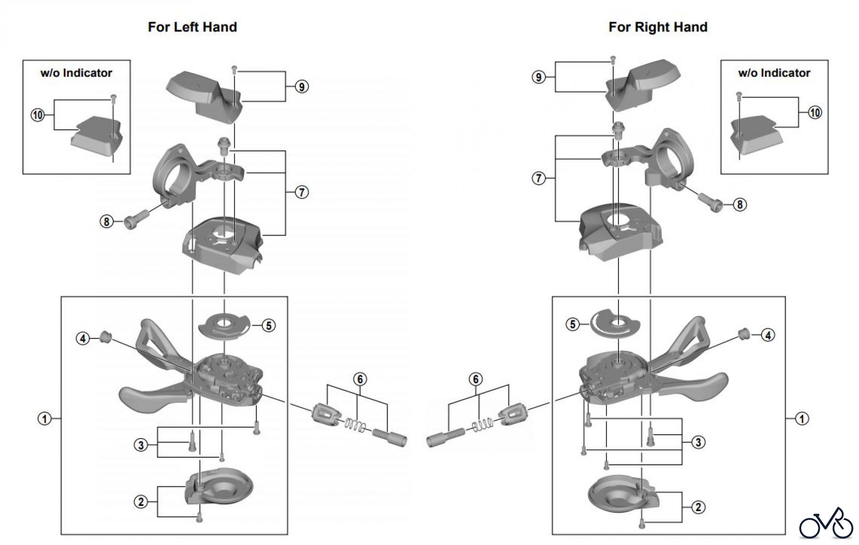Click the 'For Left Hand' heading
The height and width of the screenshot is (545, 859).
coord(192,27)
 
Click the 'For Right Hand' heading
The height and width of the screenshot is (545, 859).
coord(658,27)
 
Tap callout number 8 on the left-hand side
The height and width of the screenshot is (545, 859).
coord(106,221)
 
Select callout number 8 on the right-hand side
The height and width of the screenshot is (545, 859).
coord(739,205)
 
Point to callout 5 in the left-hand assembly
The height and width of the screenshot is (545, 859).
coord(269,325)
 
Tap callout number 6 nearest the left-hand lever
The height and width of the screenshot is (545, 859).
coord(360,379)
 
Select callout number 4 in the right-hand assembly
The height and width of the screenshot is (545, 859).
coord(768,335)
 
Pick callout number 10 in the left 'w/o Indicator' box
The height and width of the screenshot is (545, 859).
coord(37,115)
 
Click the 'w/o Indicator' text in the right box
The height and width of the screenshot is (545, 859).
coord(774,73)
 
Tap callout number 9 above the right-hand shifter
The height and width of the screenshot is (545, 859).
coord(538,77)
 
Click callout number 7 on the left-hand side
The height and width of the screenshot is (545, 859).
coord(302,192)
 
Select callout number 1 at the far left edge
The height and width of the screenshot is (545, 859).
coord(44,419)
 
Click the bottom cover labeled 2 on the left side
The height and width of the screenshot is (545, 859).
coord(220,489)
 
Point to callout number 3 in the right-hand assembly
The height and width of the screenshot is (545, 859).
coord(698,442)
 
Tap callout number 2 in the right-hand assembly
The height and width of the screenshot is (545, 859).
coord(698,507)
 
